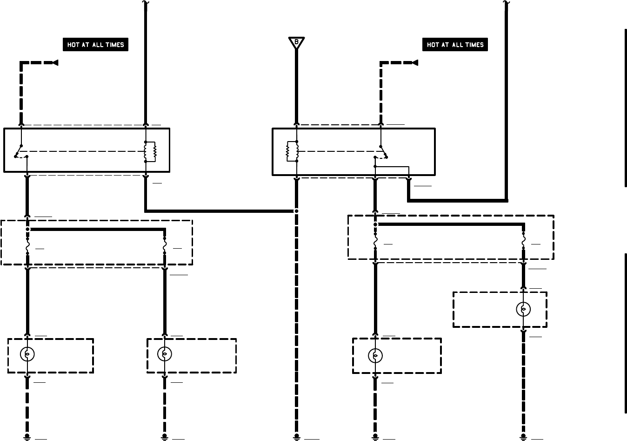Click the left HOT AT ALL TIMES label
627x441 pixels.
(95, 45)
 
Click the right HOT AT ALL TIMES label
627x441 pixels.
(455, 45)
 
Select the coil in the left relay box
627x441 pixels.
(150, 151)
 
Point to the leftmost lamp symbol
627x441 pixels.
(27, 354)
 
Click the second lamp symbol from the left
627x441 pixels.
(164, 354)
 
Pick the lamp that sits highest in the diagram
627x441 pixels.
(523, 309)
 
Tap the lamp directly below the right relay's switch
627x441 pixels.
(375, 356)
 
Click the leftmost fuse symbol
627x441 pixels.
(27, 245)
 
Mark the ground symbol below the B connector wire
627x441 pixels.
(296, 437)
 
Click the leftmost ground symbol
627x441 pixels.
(27, 437)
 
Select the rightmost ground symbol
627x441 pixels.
(523, 437)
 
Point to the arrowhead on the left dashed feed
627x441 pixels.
(55, 62)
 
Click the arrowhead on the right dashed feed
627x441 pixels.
(415, 62)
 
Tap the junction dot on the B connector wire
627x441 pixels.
(296, 211)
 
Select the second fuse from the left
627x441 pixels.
(164, 245)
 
